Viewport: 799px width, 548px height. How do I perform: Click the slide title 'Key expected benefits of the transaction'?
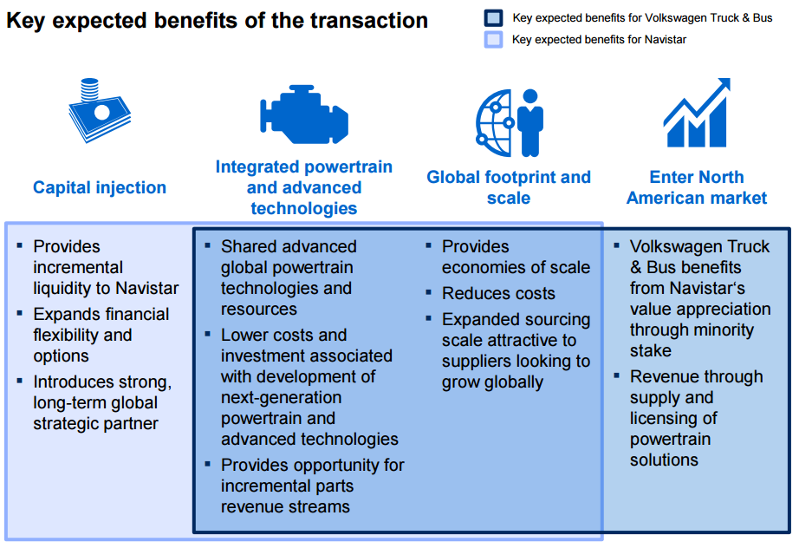click(217, 21)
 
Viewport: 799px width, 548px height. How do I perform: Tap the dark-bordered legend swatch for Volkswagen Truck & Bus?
click(493, 18)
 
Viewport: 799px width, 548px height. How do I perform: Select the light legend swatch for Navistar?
click(493, 40)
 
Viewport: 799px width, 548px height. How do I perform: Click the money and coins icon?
click(100, 110)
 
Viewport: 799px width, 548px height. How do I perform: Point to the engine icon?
click(304, 114)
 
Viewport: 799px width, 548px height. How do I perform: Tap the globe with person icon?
click(510, 123)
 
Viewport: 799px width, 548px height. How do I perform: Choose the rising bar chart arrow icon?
click(697, 113)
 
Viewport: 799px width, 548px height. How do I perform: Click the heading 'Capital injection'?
click(100, 187)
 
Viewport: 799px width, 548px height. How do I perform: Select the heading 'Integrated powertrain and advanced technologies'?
click(304, 187)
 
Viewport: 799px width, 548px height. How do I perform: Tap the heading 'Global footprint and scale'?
click(509, 187)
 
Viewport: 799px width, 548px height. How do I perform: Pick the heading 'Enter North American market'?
click(697, 187)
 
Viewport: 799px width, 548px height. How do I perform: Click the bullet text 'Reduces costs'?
click(498, 294)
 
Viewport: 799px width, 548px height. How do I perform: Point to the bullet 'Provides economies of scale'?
click(516, 257)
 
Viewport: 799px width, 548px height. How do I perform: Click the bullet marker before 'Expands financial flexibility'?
click(19, 313)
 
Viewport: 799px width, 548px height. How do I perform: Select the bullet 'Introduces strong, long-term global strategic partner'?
click(102, 402)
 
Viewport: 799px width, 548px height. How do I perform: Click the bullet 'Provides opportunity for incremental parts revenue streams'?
click(312, 486)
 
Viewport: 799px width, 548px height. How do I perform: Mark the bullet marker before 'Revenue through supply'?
click(616, 375)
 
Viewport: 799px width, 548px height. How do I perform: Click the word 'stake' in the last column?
click(651, 350)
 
